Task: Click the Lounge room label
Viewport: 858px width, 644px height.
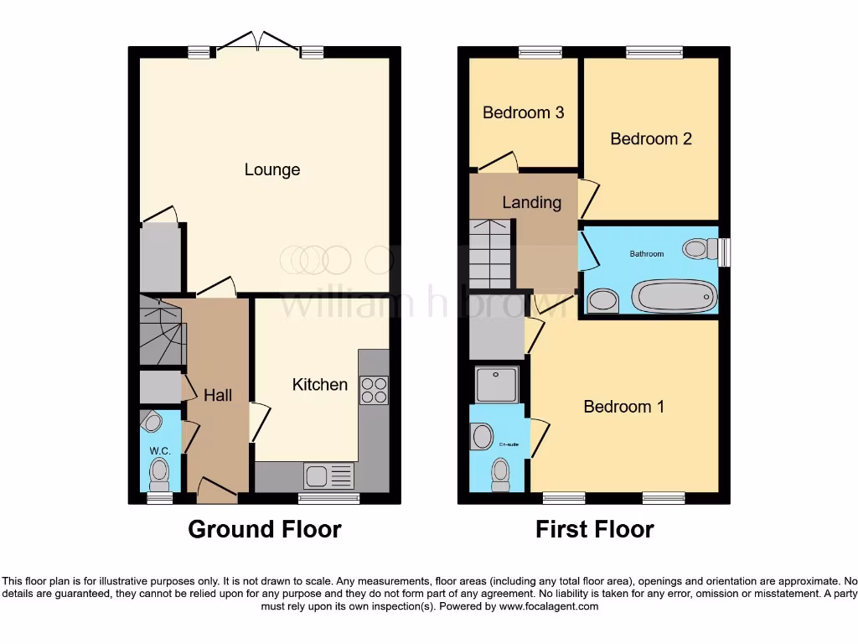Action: (271, 170)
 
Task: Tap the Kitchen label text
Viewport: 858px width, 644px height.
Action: (319, 385)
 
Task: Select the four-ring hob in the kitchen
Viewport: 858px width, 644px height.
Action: (374, 390)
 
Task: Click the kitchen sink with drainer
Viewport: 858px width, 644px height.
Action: (329, 476)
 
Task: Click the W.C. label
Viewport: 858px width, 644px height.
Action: (160, 451)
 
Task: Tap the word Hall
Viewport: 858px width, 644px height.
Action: (218, 395)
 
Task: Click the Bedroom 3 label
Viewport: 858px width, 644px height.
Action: (523, 112)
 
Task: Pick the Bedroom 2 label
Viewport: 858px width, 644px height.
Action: (650, 139)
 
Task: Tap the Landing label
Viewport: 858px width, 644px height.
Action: (531, 202)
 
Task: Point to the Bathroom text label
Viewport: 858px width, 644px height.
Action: (647, 253)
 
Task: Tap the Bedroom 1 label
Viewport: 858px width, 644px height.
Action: (623, 407)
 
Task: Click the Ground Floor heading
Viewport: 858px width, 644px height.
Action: (264, 530)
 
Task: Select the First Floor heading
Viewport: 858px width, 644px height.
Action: (595, 530)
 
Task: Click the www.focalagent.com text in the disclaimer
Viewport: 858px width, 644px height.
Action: (548, 606)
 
